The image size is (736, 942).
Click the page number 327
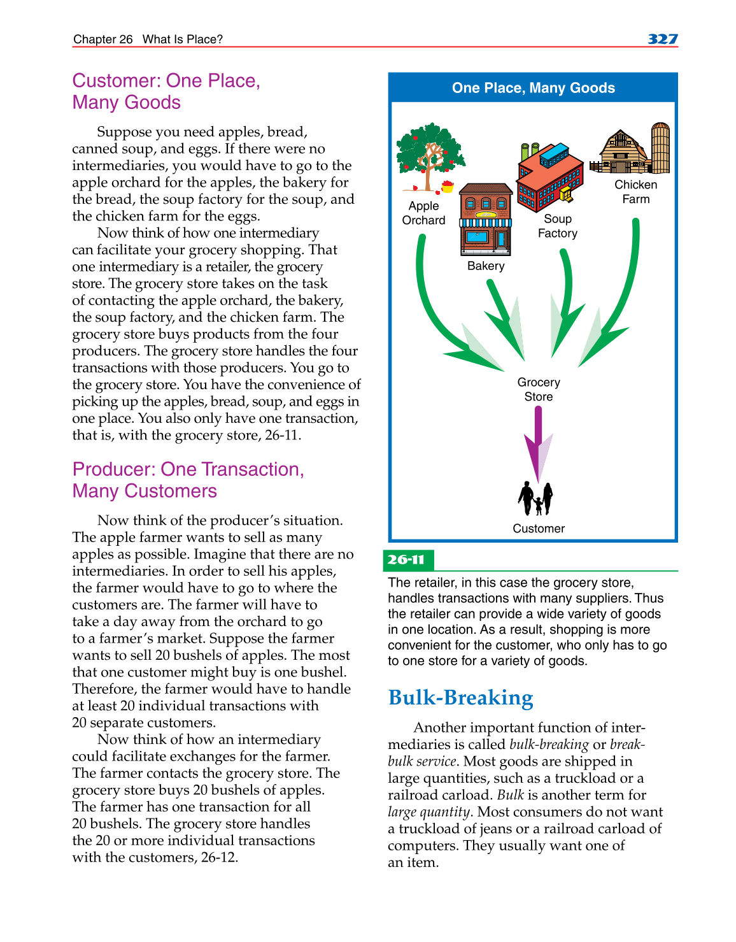click(662, 39)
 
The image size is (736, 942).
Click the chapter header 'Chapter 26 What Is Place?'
click(148, 39)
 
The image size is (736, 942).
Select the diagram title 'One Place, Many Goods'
click(533, 88)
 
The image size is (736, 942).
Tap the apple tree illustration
click(430, 153)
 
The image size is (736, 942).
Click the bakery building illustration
click(485, 220)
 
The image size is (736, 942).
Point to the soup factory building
click(549, 177)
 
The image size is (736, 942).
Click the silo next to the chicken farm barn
click(660, 148)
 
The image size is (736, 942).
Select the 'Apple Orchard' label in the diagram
click(423, 213)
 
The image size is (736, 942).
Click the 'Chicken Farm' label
click(635, 192)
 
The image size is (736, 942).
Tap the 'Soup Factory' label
click(557, 226)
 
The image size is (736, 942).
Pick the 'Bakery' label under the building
click(486, 266)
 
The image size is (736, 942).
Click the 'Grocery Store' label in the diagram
click(539, 389)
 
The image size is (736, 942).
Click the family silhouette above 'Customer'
click(535, 498)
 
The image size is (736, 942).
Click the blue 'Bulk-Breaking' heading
click(460, 698)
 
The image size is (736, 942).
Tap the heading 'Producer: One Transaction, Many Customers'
click(188, 480)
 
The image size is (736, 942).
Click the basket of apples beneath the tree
click(448, 187)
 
